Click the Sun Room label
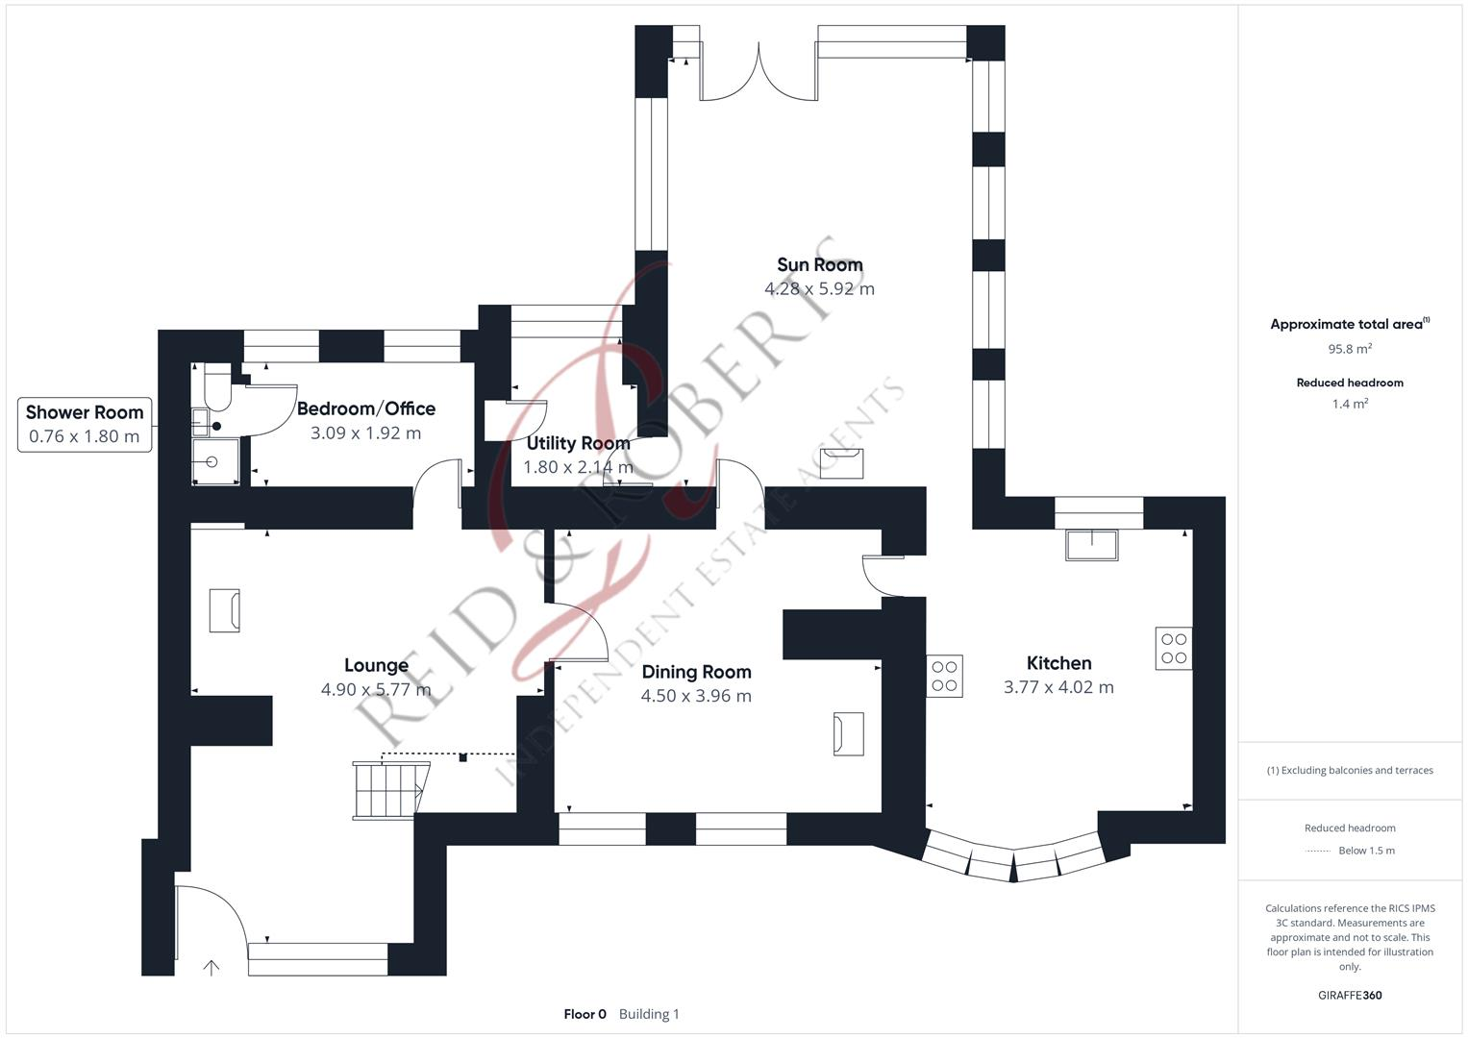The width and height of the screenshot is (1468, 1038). [819, 265]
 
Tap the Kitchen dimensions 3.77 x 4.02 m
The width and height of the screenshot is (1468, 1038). [1058, 687]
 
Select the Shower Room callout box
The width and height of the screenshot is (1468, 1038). [85, 424]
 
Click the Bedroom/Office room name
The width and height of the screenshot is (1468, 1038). [365, 408]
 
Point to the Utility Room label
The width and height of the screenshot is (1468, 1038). [578, 443]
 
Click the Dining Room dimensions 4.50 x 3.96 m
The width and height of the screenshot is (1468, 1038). [696, 696]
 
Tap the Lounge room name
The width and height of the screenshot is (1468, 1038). [376, 665]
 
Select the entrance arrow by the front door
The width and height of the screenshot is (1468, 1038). [211, 967]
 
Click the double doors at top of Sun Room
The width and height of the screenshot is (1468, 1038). [759, 72]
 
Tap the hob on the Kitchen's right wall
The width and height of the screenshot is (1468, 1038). [1173, 649]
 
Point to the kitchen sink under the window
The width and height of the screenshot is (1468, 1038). [1092, 545]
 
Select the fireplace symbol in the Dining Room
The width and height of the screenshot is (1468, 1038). [848, 733]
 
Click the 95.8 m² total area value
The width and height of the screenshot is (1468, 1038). [1349, 349]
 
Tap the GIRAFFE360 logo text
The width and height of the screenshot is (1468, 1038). [1349, 995]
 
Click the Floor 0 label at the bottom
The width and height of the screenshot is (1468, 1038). [585, 1014]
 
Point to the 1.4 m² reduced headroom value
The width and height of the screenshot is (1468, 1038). [1349, 404]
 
